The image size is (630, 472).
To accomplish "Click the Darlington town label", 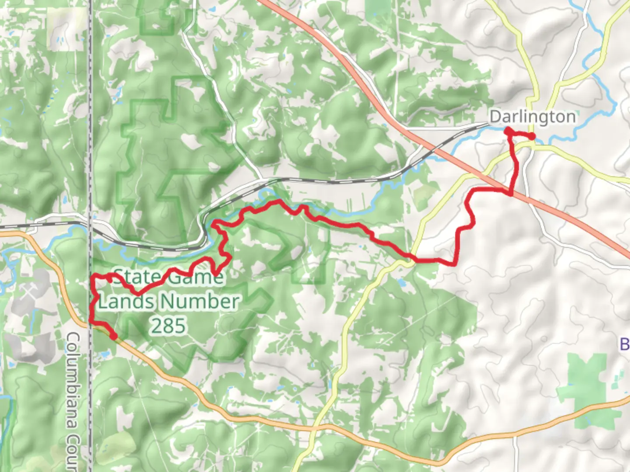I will tap(532, 117).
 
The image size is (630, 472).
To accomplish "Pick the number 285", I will tap(169, 326).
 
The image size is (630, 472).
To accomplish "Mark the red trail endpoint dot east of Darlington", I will tap(532, 136).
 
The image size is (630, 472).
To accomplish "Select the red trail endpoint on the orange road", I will tap(113, 336).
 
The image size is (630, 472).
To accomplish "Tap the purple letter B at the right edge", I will tap(625, 344).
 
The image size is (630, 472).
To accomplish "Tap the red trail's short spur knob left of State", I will tap(109, 277).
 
